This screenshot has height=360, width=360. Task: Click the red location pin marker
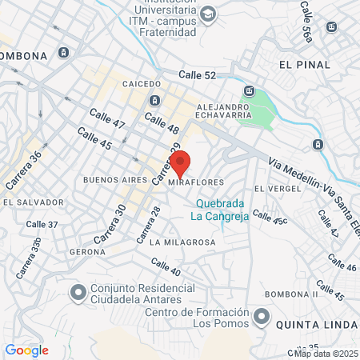click(181, 162)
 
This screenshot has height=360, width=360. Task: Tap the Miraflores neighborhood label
click(197, 182)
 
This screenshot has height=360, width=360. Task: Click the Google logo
click(26, 350)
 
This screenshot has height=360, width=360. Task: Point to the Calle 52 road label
click(198, 75)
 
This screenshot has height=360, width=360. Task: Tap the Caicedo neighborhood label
click(142, 83)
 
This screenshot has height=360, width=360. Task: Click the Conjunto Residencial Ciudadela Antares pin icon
click(78, 294)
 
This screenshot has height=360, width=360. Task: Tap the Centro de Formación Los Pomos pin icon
click(262, 318)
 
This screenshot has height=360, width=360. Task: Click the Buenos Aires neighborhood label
click(115, 180)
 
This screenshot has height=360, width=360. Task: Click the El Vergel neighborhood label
click(277, 189)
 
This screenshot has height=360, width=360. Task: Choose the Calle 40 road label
click(166, 268)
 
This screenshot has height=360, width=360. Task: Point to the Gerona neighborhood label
click(87, 251)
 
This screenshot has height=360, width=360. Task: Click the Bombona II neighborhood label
click(292, 294)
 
